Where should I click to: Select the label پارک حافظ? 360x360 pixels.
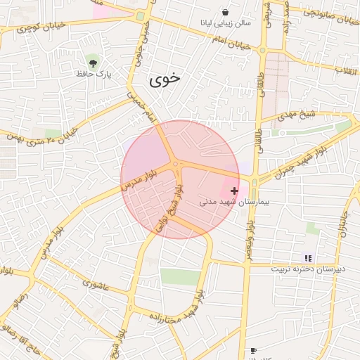[x=95, y=73]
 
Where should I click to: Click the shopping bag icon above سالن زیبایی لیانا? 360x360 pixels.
[x=225, y=13]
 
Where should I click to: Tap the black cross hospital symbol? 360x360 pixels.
[x=234, y=191]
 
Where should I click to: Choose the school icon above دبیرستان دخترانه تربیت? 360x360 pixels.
[x=307, y=258]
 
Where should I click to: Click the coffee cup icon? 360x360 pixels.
[x=253, y=349]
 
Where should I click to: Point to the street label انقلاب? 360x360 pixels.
[x=345, y=70]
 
